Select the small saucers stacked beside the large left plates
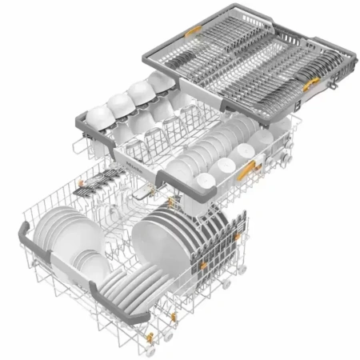(x=90, y=264)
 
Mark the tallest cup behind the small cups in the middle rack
(x=262, y=142)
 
